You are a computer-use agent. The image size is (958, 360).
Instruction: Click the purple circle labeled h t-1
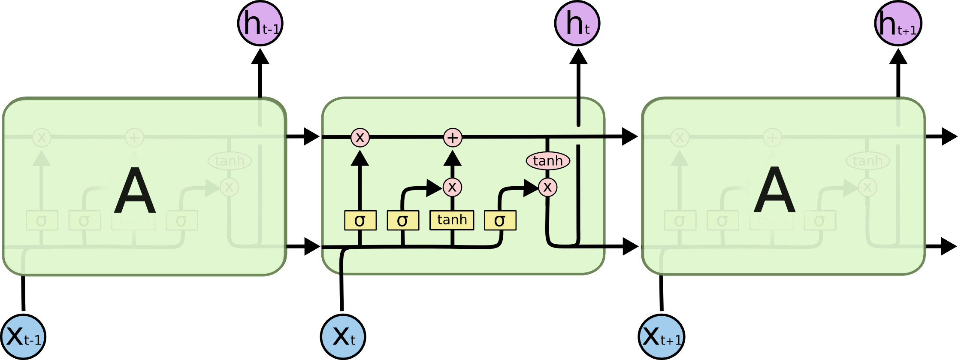click(x=260, y=23)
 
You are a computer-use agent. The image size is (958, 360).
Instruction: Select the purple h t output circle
click(x=577, y=23)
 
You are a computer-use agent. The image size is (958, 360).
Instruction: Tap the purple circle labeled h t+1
click(x=898, y=23)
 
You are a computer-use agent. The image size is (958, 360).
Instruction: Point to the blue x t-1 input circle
click(x=23, y=337)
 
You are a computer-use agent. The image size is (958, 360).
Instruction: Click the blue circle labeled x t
click(x=343, y=337)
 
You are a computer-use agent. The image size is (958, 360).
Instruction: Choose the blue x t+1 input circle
click(x=661, y=337)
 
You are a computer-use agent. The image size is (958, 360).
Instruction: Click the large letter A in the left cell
click(x=134, y=190)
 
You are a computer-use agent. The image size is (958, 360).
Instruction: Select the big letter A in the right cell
click(x=774, y=190)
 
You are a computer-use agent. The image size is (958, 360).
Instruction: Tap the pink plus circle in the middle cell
click(x=453, y=138)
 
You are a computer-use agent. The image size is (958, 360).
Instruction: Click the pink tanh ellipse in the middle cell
click(x=548, y=161)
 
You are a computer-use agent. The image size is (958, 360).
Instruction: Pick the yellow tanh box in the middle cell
click(x=452, y=220)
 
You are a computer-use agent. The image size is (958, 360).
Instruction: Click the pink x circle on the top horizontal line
click(x=360, y=138)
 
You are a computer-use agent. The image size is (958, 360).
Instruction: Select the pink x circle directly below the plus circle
click(x=452, y=187)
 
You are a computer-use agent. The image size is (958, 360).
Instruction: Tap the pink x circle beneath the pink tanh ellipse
click(x=547, y=187)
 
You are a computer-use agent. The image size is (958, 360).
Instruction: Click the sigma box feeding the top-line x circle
click(x=360, y=221)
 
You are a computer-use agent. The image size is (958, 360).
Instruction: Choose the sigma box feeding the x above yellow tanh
click(x=403, y=221)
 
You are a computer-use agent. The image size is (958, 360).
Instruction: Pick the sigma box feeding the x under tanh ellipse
click(x=500, y=221)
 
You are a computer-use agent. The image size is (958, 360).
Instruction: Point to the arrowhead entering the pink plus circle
click(x=453, y=158)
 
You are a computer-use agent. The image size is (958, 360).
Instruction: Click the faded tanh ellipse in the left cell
click(x=230, y=161)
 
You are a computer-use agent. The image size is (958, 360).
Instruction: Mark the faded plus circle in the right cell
click(x=772, y=138)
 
